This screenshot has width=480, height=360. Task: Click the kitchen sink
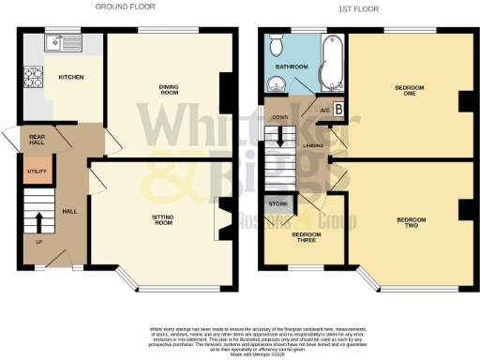64,42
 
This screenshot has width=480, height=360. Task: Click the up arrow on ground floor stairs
38,222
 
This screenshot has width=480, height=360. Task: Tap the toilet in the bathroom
276,44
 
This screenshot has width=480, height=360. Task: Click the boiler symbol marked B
337,110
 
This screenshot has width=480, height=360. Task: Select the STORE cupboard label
278,203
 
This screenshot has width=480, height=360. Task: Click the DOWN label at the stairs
279,117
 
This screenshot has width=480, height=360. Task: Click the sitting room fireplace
222,219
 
